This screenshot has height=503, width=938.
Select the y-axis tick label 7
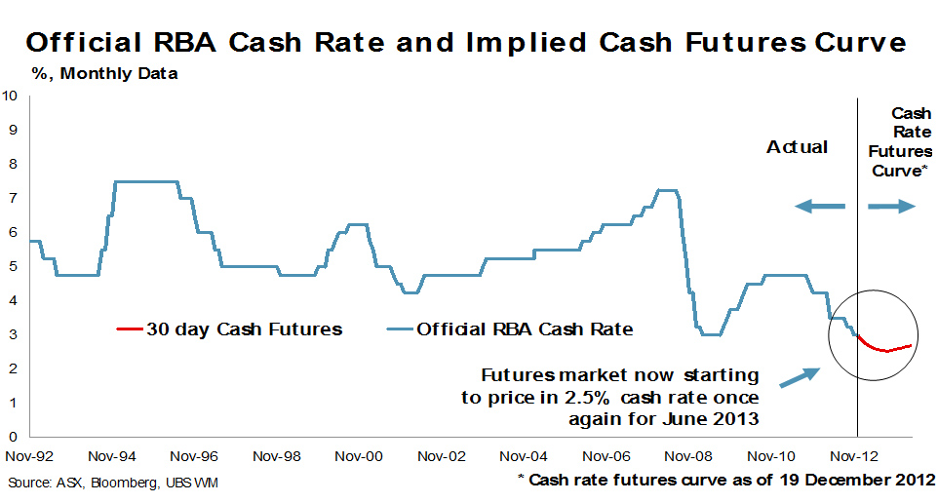11,198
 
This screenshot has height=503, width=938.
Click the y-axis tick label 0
11,437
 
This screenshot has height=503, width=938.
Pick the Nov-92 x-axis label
28,455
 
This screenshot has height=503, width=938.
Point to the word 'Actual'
797,147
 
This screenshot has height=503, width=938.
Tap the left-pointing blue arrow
819,206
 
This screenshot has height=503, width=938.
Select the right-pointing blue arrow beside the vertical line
891,206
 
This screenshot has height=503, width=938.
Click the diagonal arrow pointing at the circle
800,379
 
